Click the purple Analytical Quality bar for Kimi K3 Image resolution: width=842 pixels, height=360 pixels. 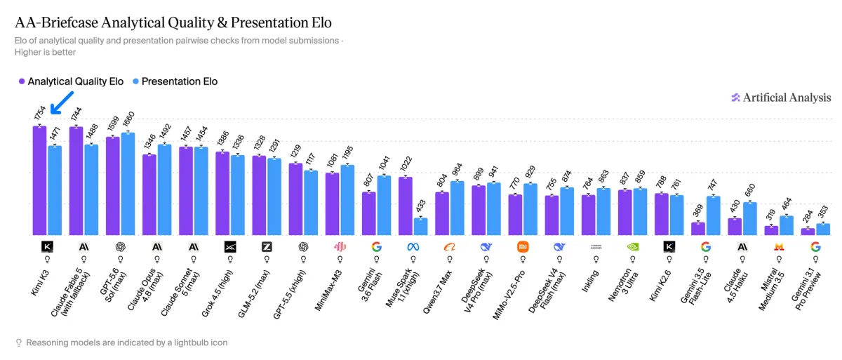[x=39, y=181]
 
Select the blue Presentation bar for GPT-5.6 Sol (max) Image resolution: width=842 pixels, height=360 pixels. [x=128, y=184]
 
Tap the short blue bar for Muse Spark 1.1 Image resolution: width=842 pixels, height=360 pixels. [x=420, y=227]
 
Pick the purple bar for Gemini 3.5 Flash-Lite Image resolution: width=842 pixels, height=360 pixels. [x=698, y=229]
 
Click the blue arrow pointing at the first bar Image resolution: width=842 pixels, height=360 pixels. [x=62, y=102]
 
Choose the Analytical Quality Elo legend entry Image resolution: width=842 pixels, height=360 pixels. [x=71, y=81]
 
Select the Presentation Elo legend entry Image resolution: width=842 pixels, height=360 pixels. [x=175, y=81]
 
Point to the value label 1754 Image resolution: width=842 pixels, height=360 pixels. [x=39, y=113]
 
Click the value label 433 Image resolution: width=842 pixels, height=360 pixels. [x=421, y=206]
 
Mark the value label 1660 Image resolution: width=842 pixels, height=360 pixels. [x=128, y=119]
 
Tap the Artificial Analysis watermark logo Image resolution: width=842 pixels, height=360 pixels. [x=735, y=98]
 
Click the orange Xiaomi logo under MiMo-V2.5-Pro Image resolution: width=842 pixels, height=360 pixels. [x=523, y=247]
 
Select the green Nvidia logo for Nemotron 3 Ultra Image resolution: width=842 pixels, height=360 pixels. [x=633, y=247]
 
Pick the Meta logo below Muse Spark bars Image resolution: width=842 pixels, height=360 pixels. [x=413, y=247]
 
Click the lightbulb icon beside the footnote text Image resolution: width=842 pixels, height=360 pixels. [x=18, y=342]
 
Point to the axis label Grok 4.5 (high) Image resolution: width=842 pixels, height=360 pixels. [x=217, y=293]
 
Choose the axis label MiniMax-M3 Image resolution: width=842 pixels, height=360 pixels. [x=329, y=290]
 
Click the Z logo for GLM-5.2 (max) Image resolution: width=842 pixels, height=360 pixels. [x=267, y=247]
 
